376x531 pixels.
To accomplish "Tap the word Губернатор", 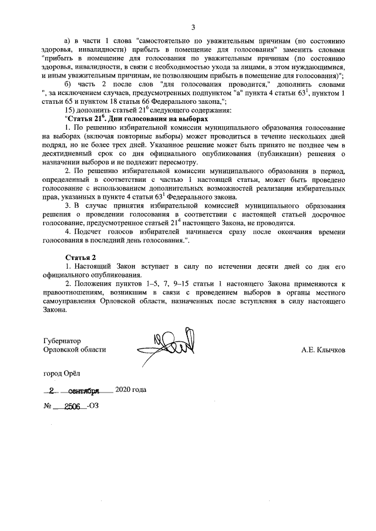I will point(62,341).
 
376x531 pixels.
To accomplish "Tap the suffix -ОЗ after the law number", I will point(93,406).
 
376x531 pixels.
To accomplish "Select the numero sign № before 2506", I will point(48,406).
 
